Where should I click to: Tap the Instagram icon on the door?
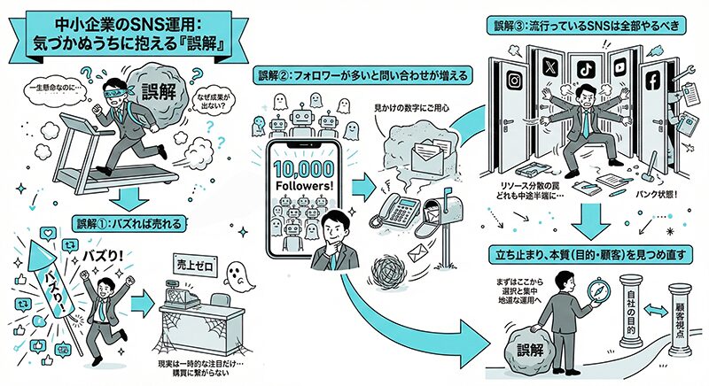pos(511,81)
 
